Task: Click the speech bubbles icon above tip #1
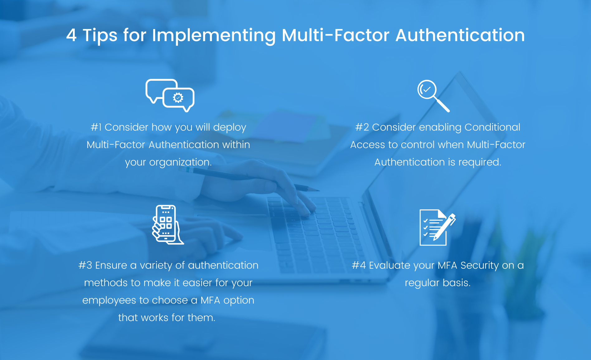(x=170, y=95)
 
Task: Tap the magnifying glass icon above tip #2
(x=433, y=96)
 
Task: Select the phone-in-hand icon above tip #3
(x=168, y=224)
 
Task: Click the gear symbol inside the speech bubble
(x=178, y=98)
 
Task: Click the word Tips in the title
(x=100, y=36)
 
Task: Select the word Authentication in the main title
(x=460, y=35)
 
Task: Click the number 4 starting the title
(x=71, y=35)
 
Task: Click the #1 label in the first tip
(x=96, y=127)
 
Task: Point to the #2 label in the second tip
(x=362, y=127)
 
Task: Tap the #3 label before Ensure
(x=85, y=265)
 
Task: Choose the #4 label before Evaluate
(x=359, y=265)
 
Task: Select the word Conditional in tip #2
(x=492, y=127)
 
